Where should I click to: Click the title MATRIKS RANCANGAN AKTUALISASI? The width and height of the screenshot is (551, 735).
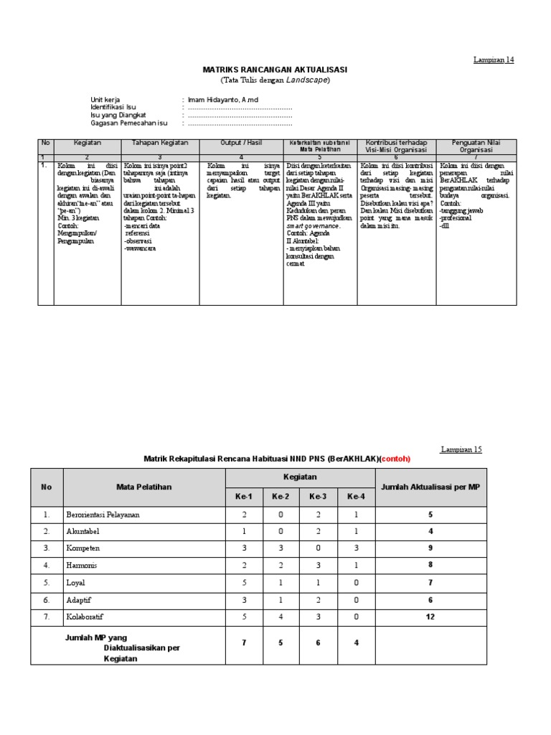point(275,69)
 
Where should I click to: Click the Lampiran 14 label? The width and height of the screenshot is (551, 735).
point(494,60)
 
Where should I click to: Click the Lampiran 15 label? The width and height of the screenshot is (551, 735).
point(462,449)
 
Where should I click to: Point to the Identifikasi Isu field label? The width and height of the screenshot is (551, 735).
point(113,107)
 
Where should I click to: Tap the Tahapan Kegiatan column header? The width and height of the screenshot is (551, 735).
point(159,143)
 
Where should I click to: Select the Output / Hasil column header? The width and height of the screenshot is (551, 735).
point(240,143)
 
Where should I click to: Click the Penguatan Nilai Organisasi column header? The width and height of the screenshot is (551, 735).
point(474,146)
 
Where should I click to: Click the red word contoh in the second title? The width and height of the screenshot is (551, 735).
point(396,458)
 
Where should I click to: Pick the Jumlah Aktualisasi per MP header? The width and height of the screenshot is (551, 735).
point(430,487)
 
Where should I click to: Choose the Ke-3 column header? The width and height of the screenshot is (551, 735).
point(317,497)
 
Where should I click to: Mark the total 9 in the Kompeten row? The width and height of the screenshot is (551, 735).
point(430,548)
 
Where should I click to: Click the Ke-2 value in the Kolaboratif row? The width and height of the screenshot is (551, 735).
point(281,615)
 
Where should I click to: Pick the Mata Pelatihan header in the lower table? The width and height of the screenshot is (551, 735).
point(143,487)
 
